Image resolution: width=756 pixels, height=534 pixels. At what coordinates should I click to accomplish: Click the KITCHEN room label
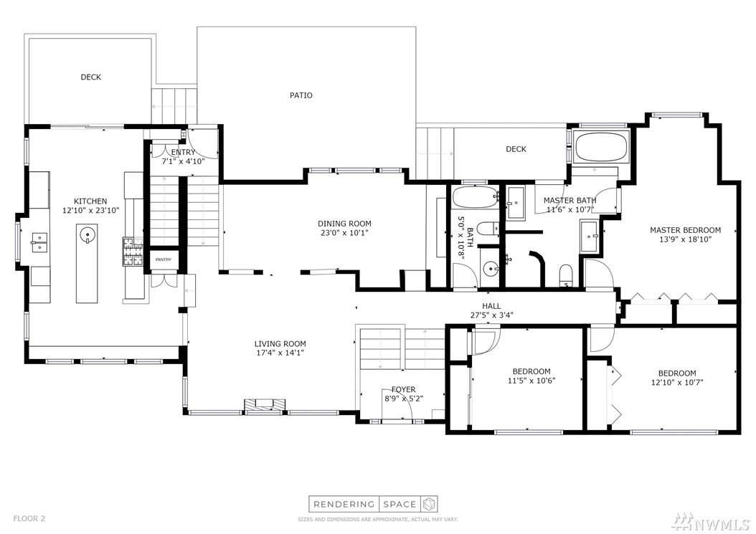click(90, 201)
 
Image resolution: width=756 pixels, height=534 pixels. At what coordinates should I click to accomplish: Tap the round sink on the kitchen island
click(87, 234)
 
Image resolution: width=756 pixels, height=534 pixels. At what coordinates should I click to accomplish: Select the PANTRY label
click(164, 259)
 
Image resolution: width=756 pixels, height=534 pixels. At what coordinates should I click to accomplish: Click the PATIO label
click(301, 95)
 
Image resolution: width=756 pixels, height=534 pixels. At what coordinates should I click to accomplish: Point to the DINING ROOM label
click(344, 224)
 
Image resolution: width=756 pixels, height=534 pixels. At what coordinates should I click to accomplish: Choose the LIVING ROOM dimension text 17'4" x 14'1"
click(280, 353)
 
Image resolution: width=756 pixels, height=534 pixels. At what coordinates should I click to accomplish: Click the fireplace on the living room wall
click(263, 406)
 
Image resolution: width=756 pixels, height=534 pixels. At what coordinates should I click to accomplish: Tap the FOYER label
click(403, 389)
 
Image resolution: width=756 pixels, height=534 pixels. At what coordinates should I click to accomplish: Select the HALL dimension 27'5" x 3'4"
click(491, 315)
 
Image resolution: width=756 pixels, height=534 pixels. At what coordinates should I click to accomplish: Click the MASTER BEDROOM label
click(685, 230)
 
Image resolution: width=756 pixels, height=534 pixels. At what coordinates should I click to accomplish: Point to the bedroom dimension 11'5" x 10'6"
click(531, 381)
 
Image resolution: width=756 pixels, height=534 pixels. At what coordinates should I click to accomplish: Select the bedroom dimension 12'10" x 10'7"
click(677, 383)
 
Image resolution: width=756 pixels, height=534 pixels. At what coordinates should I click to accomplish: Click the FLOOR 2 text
click(29, 518)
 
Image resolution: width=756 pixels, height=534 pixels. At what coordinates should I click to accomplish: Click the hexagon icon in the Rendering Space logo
click(429, 505)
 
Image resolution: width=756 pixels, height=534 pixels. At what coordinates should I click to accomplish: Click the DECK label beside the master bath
click(516, 149)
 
